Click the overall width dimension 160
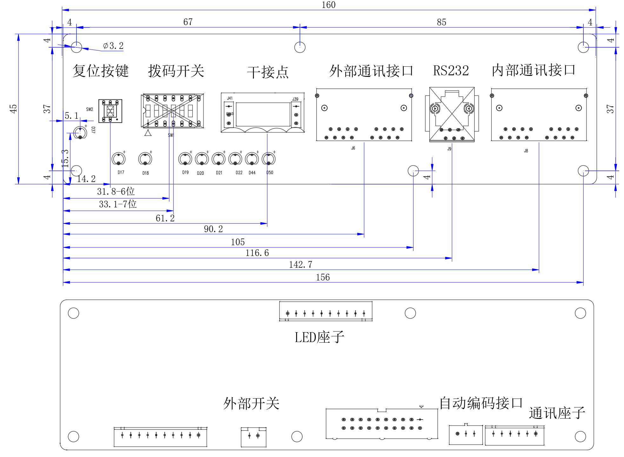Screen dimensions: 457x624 tap(329, 5)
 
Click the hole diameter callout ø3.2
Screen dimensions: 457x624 tap(113, 46)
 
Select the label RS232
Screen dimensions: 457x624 tap(451, 71)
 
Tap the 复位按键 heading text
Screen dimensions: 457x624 tap(100, 71)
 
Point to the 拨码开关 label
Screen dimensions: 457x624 tap(176, 71)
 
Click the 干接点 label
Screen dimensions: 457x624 tap(268, 72)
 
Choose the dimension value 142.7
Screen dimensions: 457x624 tap(300, 265)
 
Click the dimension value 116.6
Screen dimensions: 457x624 tap(257, 253)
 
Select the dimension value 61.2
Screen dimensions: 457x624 tap(165, 218)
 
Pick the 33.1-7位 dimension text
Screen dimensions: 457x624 tap(117, 204)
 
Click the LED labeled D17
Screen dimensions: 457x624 tap(118, 159)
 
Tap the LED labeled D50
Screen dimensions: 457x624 tap(269, 159)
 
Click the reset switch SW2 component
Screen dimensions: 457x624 tap(110, 111)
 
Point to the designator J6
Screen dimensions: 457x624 tap(353, 148)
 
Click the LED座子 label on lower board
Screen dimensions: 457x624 tap(319, 337)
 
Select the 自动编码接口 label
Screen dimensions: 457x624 tap(481, 403)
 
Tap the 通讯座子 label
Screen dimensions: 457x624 tap(557, 413)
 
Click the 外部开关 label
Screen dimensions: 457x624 tap(251, 404)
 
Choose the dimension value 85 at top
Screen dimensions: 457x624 tap(441, 22)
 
